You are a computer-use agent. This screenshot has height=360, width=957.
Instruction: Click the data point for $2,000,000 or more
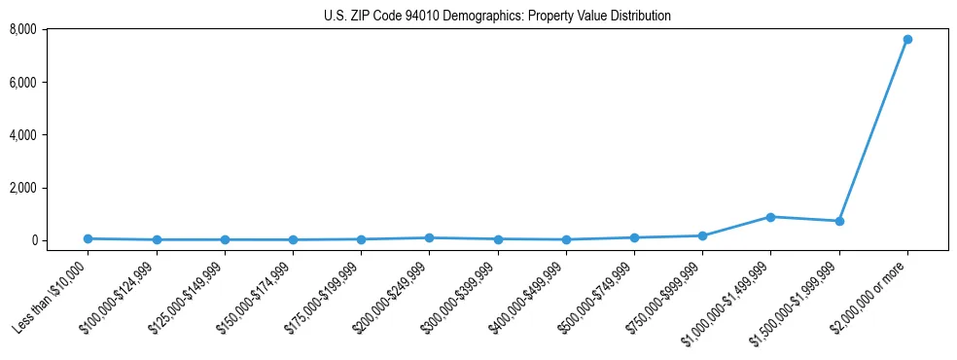pos(906,40)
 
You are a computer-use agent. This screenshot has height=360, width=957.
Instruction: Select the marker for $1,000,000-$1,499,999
pos(770,217)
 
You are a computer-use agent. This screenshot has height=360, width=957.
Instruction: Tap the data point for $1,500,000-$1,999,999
pos(838,222)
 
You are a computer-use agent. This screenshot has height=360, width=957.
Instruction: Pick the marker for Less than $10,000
pos(88,238)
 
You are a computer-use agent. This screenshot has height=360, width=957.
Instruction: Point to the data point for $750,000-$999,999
pos(702,235)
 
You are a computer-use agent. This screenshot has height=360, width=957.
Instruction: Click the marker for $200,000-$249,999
pos(429,237)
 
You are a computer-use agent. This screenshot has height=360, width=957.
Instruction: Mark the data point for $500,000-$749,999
pos(634,237)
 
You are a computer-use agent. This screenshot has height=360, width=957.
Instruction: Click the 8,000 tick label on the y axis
pos(22,30)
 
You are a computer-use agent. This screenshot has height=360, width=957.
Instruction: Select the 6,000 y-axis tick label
pos(22,83)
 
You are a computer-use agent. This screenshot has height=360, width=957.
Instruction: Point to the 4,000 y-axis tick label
pos(22,135)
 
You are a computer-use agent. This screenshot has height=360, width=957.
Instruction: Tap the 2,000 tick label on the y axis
pos(22,188)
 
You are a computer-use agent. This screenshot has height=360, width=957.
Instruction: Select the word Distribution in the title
pos(639,17)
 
